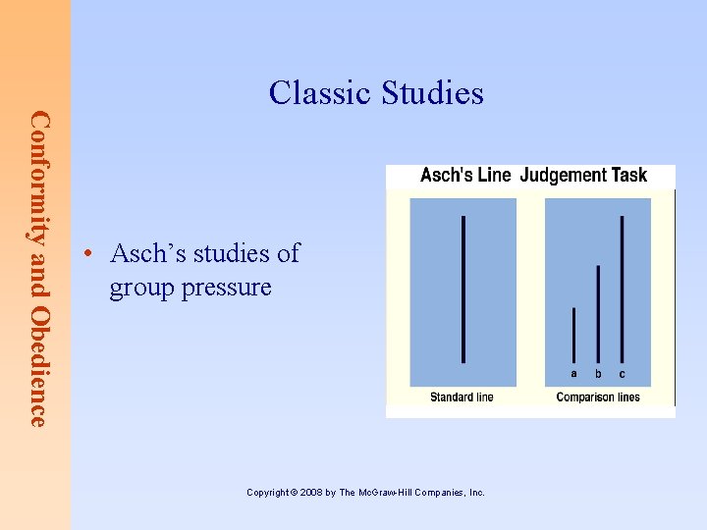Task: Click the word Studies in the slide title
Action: pos(432,93)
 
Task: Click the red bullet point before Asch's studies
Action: pos(88,254)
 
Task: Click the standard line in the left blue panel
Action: pos(462,289)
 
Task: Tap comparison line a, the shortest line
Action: pos(573,335)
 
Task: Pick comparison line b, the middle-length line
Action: pos(598,314)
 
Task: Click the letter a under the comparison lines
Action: pos(573,374)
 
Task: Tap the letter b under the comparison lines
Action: pos(598,374)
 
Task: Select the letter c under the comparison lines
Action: pos(622,374)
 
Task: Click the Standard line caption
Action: pos(462,397)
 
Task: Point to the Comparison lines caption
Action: pos(597,397)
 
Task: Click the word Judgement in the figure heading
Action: pos(563,176)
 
